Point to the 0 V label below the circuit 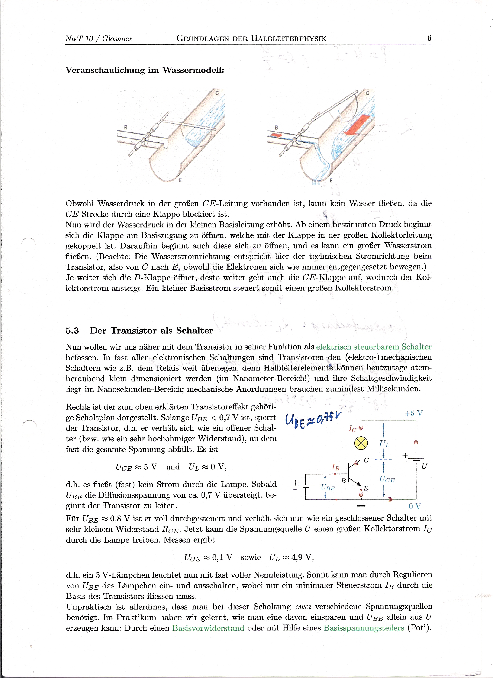point(415,506)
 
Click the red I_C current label point(352,429)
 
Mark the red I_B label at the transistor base point(335,467)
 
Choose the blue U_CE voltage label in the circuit point(387,479)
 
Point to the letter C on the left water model point(217,93)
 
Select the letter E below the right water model point(331,180)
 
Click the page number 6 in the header point(429,38)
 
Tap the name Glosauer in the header point(117,39)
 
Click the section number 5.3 point(72,331)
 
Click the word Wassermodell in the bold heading point(193,70)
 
